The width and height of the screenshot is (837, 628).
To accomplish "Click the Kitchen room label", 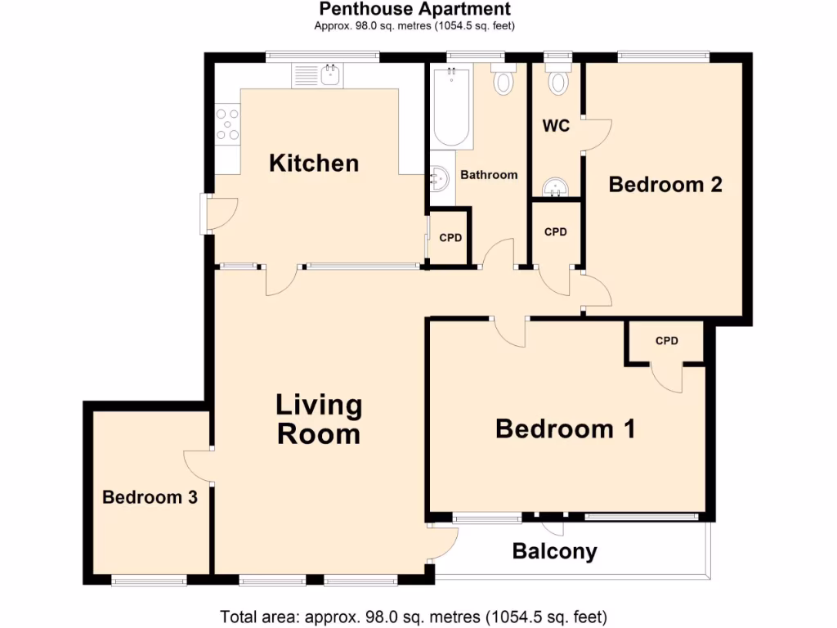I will [314, 163].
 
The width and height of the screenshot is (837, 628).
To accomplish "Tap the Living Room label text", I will [318, 419].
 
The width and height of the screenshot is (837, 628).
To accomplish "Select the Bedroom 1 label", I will [566, 428].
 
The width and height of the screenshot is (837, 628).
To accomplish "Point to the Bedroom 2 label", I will [665, 184].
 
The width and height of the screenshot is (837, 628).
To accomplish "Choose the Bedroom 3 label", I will [150, 496].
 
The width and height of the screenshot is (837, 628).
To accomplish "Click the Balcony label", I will [554, 551].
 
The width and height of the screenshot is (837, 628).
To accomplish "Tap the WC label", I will [557, 127].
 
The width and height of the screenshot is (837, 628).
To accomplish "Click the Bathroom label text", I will [489, 174].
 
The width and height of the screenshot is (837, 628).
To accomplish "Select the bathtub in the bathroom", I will [451, 107].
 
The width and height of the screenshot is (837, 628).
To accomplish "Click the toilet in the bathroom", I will [504, 81].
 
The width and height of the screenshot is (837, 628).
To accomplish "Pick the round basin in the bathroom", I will [440, 177].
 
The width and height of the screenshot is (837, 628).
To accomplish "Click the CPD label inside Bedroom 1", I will [667, 340].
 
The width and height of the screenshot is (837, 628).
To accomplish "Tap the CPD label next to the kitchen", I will [450, 238].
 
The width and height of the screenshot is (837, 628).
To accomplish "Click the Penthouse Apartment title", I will [414, 10].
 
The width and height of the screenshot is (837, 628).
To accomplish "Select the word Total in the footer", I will [239, 615].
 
